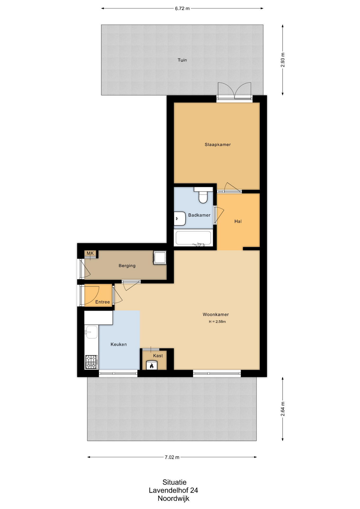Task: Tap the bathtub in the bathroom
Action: pyautogui.click(x=194, y=238)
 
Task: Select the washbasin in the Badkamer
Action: pyautogui.click(x=180, y=218)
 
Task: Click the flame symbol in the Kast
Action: pyautogui.click(x=152, y=366)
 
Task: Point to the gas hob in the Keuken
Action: pyautogui.click(x=91, y=362)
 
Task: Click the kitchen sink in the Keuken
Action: pyautogui.click(x=91, y=332)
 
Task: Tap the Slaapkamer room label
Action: pyautogui.click(x=218, y=144)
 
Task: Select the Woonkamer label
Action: pyautogui.click(x=216, y=314)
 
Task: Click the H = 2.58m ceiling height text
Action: pyautogui.click(x=217, y=322)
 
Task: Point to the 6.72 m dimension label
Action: pyautogui.click(x=182, y=8)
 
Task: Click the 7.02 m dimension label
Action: pyautogui.click(x=172, y=457)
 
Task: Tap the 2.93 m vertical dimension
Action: pyautogui.click(x=283, y=60)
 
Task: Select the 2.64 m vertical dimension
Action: pyautogui.click(x=283, y=409)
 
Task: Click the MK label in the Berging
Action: pyautogui.click(x=90, y=253)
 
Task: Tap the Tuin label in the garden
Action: pyautogui.click(x=182, y=60)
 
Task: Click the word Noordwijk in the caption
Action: pyautogui.click(x=174, y=498)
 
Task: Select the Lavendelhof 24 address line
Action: pyautogui.click(x=173, y=490)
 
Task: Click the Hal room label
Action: pyautogui.click(x=238, y=221)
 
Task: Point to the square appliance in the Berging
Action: pyautogui.click(x=160, y=258)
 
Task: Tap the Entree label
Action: pyautogui.click(x=103, y=302)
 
